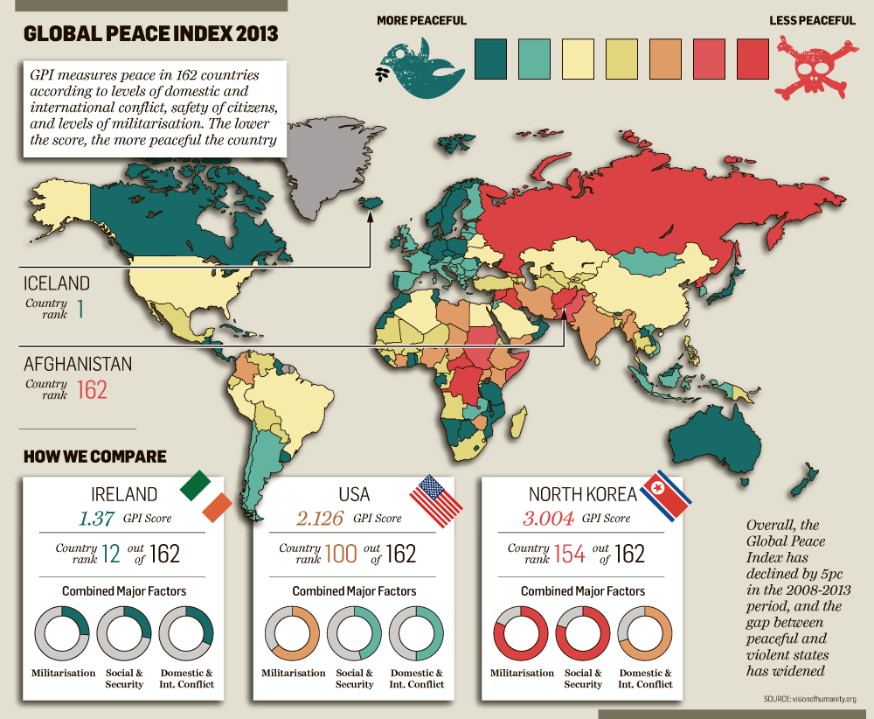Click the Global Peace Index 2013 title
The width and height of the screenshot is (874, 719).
coord(150,34)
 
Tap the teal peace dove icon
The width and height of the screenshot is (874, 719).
coord(420,69)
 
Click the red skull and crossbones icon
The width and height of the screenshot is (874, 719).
coord(815,66)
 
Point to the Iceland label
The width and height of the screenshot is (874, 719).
coord(57,283)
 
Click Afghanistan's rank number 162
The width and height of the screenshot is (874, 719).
coord(92,389)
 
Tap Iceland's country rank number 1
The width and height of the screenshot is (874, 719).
coord(80,309)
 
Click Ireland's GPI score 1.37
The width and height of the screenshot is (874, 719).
coord(96,518)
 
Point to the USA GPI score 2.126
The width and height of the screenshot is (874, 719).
coord(321,518)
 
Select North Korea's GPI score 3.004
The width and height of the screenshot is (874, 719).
coord(548,518)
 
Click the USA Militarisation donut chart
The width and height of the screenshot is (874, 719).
coord(290,632)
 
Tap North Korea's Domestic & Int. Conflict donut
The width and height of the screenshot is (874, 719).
coord(645,632)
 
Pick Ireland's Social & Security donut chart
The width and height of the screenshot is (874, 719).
coord(123,632)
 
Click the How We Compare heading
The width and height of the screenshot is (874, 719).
coord(94,457)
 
